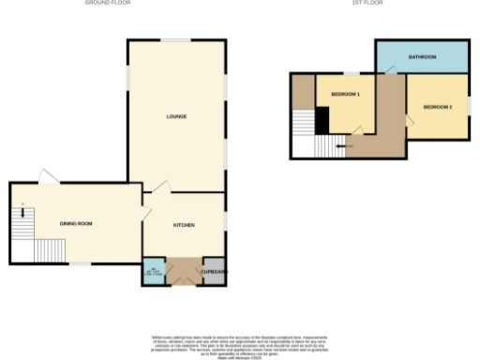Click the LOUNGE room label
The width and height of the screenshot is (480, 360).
click(176, 116)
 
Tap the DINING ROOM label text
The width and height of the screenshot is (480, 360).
click(76, 223)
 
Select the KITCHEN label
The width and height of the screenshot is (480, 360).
click(183, 226)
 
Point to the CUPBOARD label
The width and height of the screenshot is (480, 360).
click(214, 271)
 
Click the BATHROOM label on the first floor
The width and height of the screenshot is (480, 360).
click(422, 57)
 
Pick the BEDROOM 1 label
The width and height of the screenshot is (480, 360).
click(346, 94)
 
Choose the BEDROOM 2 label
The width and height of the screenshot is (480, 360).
click(437, 107)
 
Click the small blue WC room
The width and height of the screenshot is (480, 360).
click(152, 271)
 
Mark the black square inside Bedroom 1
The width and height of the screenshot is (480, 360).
click(322, 121)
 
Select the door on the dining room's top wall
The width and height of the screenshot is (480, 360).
click(47, 176)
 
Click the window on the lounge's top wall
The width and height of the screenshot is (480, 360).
click(176, 39)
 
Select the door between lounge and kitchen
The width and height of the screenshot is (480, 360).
click(158, 190)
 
